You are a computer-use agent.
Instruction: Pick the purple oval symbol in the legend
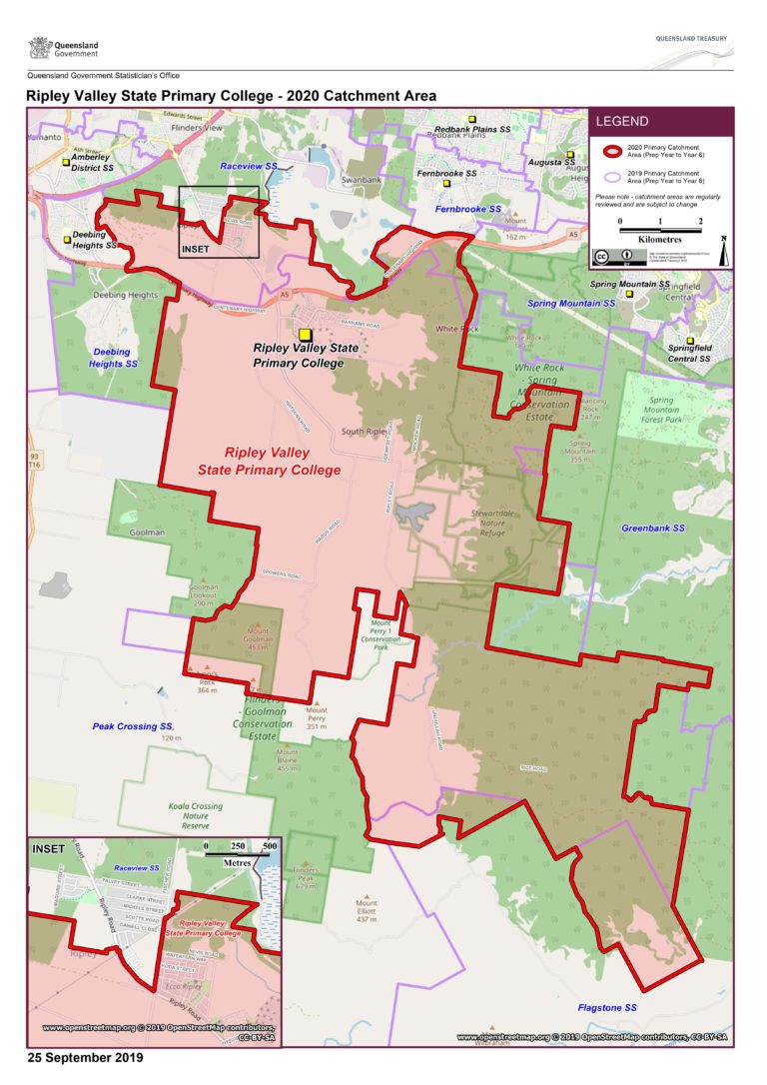[608, 177]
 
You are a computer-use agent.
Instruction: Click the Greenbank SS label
[653, 527]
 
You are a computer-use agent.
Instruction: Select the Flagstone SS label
[607, 1008]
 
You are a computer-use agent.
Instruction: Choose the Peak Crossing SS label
[134, 726]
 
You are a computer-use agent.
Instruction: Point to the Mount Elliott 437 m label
[367, 909]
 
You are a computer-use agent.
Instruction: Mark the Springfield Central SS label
[689, 353]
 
